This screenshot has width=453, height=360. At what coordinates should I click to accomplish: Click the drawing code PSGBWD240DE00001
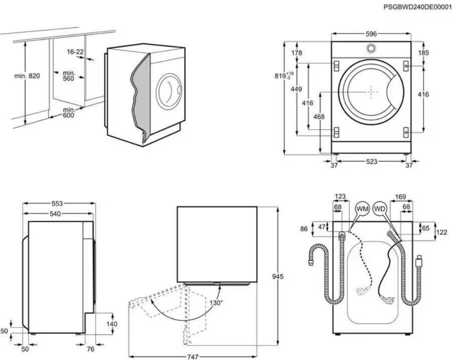click(x=417, y=7)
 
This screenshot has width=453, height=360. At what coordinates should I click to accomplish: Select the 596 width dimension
click(x=371, y=34)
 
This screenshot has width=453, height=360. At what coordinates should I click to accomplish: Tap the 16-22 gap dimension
click(x=75, y=52)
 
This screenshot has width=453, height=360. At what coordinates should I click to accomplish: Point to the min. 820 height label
click(x=27, y=76)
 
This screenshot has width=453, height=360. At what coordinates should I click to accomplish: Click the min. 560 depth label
click(x=69, y=76)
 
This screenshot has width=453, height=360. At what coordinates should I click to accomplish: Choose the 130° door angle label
click(x=216, y=303)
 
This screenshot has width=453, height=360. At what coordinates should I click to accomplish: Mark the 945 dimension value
click(x=278, y=276)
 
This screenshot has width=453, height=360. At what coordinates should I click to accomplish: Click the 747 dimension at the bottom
click(x=193, y=357)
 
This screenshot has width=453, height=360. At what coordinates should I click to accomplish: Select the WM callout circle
click(x=362, y=209)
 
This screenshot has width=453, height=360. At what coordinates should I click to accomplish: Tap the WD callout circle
click(x=380, y=209)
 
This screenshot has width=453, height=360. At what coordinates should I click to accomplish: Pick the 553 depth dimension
click(x=57, y=204)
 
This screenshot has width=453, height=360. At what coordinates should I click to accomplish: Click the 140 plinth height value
click(x=112, y=324)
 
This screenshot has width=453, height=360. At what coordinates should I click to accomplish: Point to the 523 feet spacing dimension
click(x=371, y=161)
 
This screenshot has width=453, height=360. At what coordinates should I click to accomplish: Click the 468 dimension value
click(x=319, y=116)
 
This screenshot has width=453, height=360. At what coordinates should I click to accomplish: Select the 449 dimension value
click(x=297, y=89)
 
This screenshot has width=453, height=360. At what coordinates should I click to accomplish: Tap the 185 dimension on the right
click(x=423, y=53)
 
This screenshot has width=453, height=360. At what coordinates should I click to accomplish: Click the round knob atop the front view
click(x=371, y=48)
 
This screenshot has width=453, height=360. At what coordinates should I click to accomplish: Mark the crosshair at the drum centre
click(x=371, y=92)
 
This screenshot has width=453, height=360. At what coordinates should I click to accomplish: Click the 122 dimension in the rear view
click(x=442, y=232)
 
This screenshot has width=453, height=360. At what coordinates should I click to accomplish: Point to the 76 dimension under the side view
click(x=90, y=349)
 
